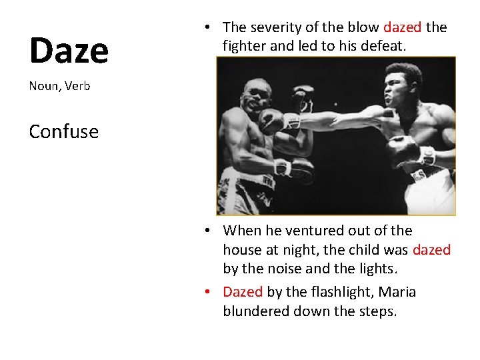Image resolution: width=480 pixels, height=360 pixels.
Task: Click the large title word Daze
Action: click(69, 50)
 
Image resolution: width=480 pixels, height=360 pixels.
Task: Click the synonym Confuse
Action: click(63, 131)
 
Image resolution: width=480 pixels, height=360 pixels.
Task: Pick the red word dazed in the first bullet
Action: click(403, 27)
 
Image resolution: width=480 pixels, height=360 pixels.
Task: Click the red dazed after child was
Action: click(431, 250)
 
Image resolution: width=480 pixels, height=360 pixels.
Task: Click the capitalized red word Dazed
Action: click(243, 292)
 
